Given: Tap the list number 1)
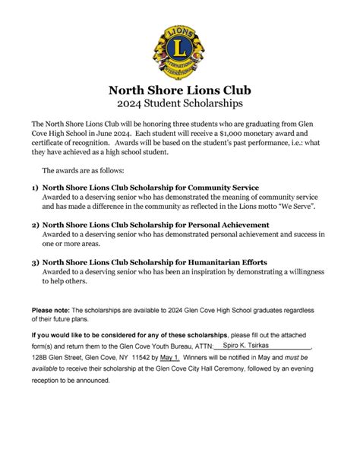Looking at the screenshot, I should (x=35, y=188).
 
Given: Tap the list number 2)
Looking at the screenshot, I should (x=35, y=225).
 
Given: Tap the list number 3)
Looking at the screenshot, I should (x=35, y=262).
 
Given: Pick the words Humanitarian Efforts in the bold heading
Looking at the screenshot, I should (x=226, y=262).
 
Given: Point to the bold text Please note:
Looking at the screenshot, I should (x=51, y=311).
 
